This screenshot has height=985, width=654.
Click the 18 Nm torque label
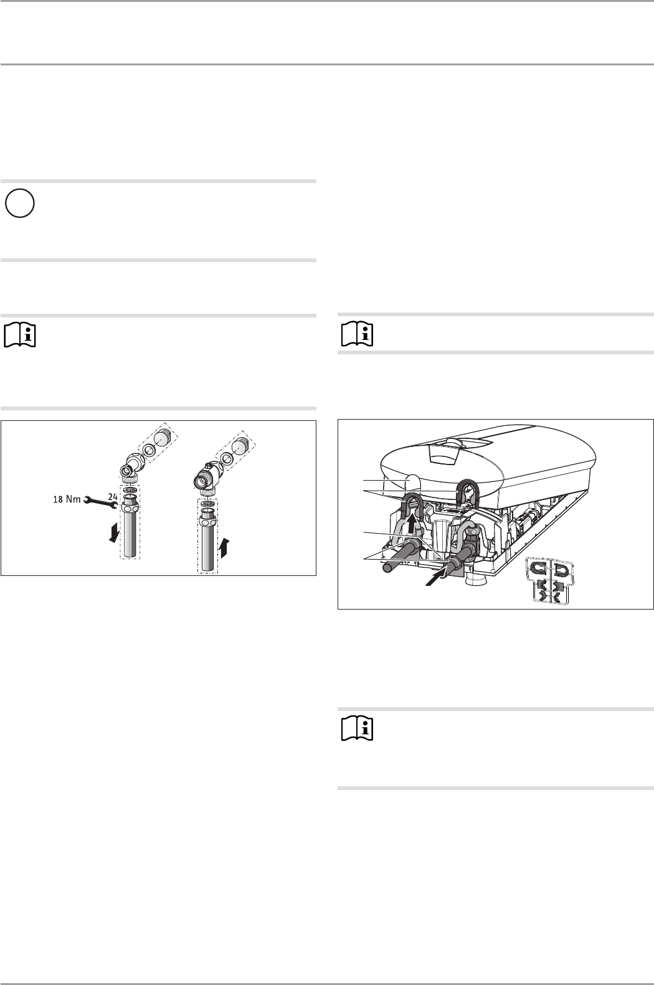point(67,499)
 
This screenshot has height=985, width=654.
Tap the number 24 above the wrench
point(113,496)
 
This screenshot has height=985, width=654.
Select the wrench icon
point(100,501)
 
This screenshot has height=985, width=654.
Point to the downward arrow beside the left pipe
point(115,532)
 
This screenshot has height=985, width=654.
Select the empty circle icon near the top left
point(20,203)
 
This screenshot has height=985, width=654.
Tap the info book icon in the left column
point(20,336)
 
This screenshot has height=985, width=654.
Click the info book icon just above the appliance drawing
point(357,334)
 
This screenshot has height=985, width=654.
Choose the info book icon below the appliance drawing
point(357,730)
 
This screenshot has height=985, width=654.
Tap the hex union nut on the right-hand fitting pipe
point(207,522)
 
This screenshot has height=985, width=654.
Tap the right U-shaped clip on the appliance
point(467,492)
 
